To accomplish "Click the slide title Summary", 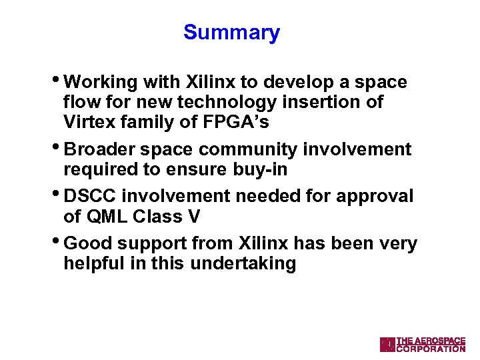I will point(231,32).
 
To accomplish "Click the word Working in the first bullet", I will point(101,83).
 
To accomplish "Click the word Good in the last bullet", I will point(87,244).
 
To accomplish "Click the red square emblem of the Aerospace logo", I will point(387,344).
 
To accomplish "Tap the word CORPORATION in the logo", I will point(431,349).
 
